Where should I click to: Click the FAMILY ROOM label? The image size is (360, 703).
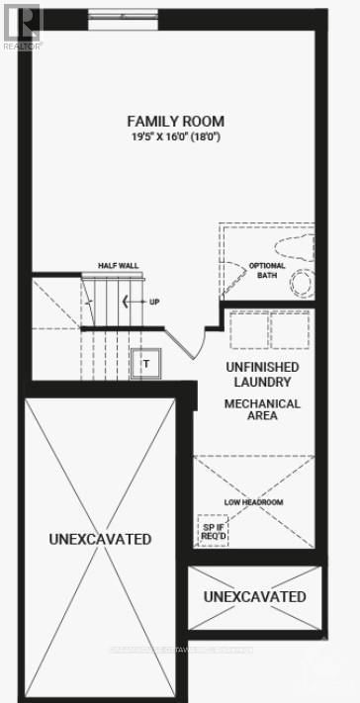click(174, 121)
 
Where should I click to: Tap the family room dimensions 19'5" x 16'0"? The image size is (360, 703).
click(174, 135)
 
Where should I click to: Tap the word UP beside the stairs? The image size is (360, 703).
click(154, 302)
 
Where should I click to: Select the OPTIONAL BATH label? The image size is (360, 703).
click(266, 271)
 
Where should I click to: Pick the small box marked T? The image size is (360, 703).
click(145, 363)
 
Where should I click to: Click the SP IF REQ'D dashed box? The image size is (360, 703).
click(213, 530)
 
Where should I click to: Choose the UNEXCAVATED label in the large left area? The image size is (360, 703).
click(100, 539)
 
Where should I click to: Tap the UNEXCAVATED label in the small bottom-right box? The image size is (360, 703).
click(254, 596)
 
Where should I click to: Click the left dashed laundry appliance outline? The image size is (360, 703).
click(248, 329)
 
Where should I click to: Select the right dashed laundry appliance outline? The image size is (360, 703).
click(289, 329)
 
